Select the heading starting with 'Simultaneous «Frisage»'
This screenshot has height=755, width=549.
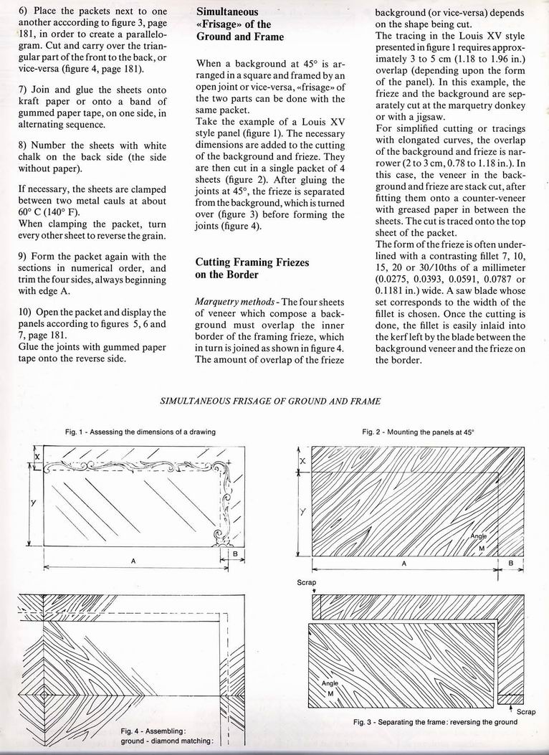tap(239, 24)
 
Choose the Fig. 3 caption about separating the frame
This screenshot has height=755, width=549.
tap(435, 722)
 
